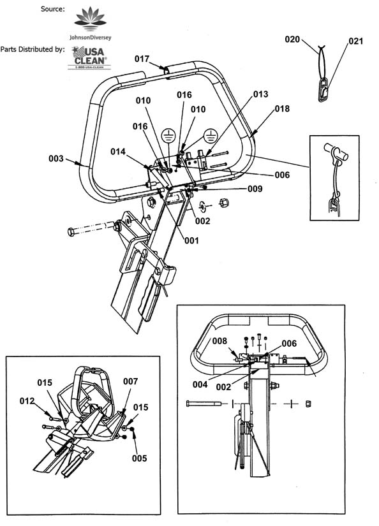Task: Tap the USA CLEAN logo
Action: click(89, 57)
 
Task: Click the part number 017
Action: click(142, 59)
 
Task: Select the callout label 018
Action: click(282, 108)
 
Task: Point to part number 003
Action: click(56, 158)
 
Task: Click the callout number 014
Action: click(118, 152)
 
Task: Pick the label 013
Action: click(260, 94)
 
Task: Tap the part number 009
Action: click(255, 189)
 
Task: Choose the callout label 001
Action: click(191, 240)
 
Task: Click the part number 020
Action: click(292, 40)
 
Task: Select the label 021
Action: click(355, 41)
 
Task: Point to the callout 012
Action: click(27, 401)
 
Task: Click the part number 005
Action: click(139, 458)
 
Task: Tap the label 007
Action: click(130, 381)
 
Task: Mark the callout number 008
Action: click(219, 341)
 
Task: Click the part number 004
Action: click(200, 384)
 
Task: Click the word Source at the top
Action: click(53, 9)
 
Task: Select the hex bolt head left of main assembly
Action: click(71, 232)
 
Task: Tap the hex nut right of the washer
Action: click(224, 203)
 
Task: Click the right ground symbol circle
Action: click(211, 136)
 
